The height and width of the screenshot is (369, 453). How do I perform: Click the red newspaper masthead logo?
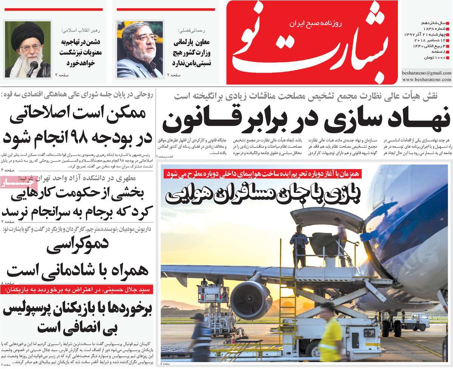[311, 42]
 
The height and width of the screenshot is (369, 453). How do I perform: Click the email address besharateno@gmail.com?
[427, 72]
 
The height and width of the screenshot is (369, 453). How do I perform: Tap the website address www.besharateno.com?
[427, 80]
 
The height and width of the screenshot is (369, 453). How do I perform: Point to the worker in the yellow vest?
[330, 332]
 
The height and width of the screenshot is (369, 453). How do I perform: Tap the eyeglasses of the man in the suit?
[146, 38]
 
